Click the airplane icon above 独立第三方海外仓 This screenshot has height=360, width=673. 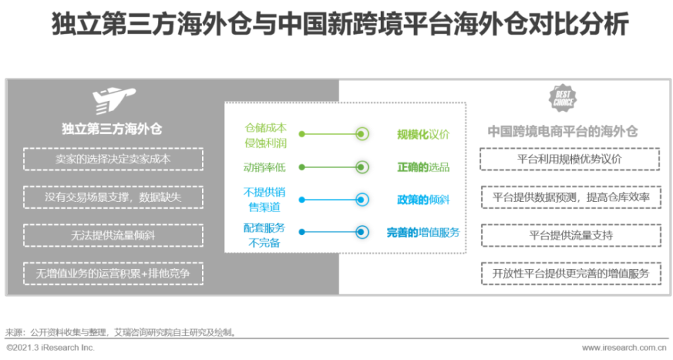click(113, 101)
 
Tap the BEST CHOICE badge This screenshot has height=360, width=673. click(563, 98)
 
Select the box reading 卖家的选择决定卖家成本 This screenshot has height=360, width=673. click(113, 159)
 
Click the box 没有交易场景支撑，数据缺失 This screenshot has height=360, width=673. click(113, 197)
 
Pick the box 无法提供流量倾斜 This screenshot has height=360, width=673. click(113, 235)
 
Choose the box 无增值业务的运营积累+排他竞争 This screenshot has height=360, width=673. click(113, 273)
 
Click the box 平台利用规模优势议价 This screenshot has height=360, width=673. click(570, 159)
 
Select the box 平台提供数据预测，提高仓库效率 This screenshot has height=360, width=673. click(571, 197)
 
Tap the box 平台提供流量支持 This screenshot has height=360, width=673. click(571, 235)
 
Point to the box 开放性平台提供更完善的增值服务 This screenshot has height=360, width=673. click(571, 273)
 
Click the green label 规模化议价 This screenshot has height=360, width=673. click(423, 135)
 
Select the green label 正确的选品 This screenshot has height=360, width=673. click(423, 167)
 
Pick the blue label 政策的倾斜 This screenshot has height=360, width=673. click(423, 200)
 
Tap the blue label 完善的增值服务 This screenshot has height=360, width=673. click(423, 232)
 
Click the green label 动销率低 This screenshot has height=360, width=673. click(264, 167)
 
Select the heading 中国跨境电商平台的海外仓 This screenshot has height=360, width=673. click(563, 131)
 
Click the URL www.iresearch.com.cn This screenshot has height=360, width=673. click(624, 348)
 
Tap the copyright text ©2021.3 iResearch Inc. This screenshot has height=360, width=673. click(50, 348)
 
